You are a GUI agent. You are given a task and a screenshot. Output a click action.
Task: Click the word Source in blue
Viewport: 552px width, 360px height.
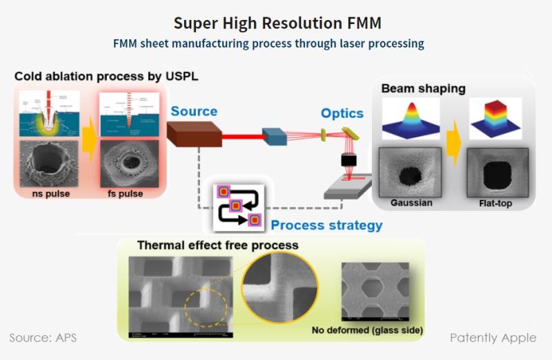[194, 111]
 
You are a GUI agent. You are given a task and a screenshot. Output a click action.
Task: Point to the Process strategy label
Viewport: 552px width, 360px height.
[326, 225]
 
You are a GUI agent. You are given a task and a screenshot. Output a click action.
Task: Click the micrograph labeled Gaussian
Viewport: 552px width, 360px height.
[411, 172]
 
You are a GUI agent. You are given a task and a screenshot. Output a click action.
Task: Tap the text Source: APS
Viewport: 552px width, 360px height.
[42, 338]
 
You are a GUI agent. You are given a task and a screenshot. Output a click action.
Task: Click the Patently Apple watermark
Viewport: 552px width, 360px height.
[493, 338]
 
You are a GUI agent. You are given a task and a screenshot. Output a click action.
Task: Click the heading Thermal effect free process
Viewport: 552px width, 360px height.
[217, 245]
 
